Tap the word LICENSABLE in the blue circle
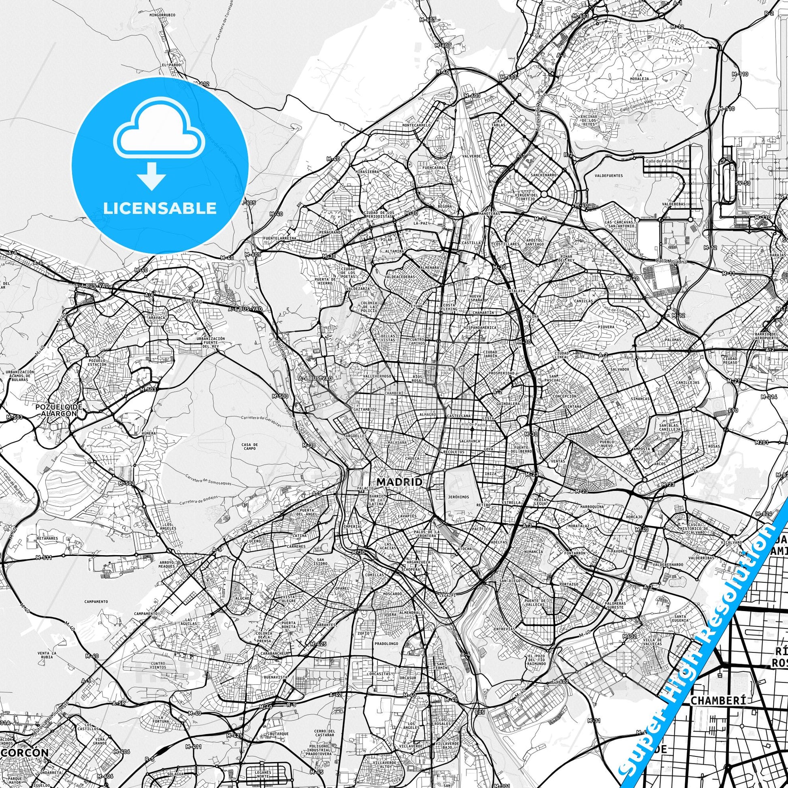tap(160, 209)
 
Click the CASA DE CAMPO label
tap(249, 447)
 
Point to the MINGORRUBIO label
tap(162, 15)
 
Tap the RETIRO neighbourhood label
tap(483, 505)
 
